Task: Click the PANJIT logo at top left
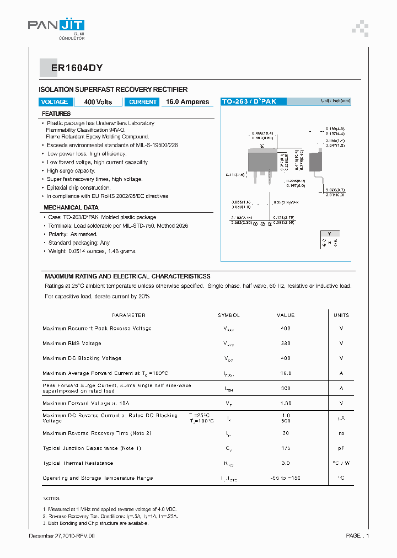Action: (56, 26)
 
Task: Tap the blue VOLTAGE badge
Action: (55, 102)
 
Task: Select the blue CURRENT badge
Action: (143, 102)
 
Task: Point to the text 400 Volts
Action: (98, 102)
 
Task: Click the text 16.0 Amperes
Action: (187, 102)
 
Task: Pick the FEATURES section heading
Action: (56, 114)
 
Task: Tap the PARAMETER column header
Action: (128, 315)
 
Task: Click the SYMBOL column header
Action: (229, 315)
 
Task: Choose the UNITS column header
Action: (341, 315)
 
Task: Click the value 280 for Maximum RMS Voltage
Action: (285, 344)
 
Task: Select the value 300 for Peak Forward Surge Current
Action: (285, 388)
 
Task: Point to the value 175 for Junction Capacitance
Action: (285, 448)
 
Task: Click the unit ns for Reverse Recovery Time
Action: (341, 433)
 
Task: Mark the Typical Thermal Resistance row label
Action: (78, 463)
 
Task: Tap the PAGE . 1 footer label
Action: (357, 535)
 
